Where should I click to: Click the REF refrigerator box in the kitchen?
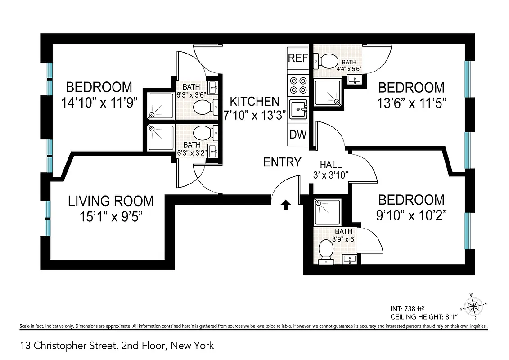(x=298, y=58)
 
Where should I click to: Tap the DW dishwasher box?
(x=298, y=134)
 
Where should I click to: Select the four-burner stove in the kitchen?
(x=298, y=86)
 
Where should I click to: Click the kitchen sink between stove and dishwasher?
(x=298, y=109)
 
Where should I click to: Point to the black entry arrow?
(x=285, y=205)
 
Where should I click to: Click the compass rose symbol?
(x=473, y=307)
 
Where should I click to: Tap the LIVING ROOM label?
(x=111, y=201)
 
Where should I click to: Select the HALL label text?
(x=331, y=165)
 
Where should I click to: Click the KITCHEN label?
(x=252, y=102)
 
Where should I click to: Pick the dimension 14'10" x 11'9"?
(x=99, y=103)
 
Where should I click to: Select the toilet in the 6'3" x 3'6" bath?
(x=203, y=107)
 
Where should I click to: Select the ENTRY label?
(x=282, y=162)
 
